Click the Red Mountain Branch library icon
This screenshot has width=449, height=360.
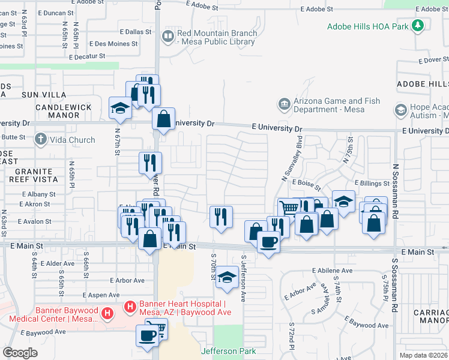[x=167, y=37]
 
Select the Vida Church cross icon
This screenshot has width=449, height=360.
[x=41, y=140]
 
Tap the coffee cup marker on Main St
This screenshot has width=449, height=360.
[x=268, y=242]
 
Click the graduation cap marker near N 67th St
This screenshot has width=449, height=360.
[x=120, y=108]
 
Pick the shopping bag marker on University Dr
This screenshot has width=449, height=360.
[x=163, y=119]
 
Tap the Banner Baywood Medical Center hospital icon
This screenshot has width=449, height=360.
[x=107, y=313]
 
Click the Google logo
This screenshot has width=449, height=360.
[x=20, y=353]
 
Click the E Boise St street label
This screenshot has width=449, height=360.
[x=307, y=182]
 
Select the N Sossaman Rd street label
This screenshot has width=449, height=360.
[x=396, y=191]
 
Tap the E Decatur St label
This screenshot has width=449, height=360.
[x=87, y=57]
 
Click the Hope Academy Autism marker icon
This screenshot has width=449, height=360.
[x=400, y=110]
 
